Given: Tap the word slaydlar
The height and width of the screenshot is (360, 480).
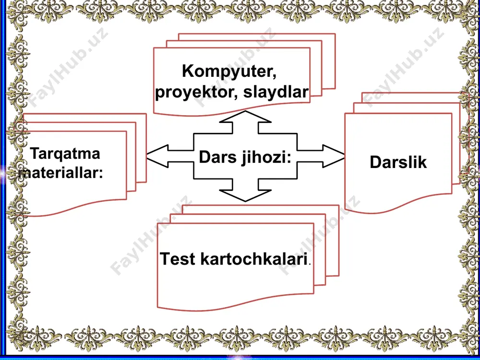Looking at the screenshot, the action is (x=276, y=92).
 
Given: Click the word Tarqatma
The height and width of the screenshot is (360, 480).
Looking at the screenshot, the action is (x=65, y=154).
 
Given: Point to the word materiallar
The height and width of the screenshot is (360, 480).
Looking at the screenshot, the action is (x=59, y=173).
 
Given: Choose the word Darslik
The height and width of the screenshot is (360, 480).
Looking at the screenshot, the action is (x=398, y=162).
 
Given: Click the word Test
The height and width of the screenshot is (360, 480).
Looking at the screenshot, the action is (x=178, y=259).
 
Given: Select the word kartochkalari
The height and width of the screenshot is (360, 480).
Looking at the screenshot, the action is (x=254, y=259).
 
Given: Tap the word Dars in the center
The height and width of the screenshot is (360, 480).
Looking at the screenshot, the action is (x=217, y=157).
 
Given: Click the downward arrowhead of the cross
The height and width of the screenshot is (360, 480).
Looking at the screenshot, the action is (x=245, y=195).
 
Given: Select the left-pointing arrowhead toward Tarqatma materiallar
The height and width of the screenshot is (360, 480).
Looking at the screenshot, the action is (x=157, y=156).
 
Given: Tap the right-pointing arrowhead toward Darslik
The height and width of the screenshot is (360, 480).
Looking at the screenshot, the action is (x=334, y=156).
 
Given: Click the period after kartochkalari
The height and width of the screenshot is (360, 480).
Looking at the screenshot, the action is (x=310, y=264).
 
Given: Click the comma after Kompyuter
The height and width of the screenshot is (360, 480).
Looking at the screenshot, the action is (x=274, y=77).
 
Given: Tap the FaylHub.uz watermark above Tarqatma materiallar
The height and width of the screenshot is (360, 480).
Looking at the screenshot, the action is (x=67, y=67).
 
